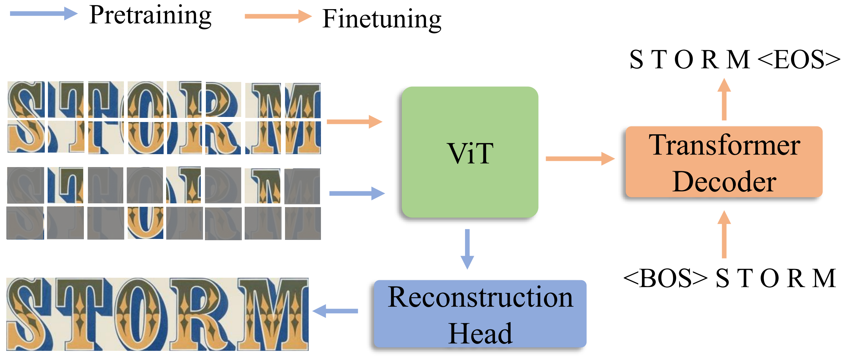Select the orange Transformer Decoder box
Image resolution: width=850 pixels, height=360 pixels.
click(724, 162)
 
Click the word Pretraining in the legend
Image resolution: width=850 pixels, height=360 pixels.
click(150, 15)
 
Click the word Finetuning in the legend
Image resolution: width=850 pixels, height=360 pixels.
click(381, 19)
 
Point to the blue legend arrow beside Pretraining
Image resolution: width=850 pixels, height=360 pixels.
click(43, 14)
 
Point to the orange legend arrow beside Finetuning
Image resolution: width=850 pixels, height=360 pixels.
click(278, 16)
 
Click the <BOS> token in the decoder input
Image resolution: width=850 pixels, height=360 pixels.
click(665, 278)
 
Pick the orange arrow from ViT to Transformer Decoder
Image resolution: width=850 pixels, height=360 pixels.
click(580, 159)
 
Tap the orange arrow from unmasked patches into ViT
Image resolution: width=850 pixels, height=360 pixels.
click(354, 122)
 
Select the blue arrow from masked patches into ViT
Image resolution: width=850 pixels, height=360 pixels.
click(357, 193)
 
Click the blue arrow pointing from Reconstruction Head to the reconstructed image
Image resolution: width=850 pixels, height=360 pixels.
click(335, 311)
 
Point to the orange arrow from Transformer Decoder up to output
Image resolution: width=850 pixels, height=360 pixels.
click(724, 99)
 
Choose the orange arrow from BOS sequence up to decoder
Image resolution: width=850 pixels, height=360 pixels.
click(724, 235)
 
